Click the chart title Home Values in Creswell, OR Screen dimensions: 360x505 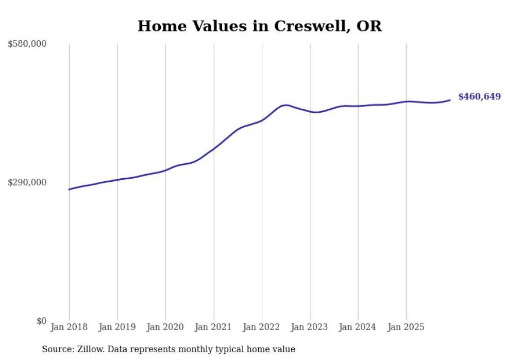click(260, 26)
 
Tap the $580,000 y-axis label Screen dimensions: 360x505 click(27, 44)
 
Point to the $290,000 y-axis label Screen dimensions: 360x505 click(27, 182)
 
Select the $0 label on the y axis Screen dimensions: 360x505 click(41, 321)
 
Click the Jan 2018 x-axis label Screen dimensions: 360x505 click(69, 327)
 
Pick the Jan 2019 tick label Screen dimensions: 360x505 click(117, 327)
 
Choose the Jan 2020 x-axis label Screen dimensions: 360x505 click(165, 327)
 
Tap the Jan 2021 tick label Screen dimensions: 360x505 click(213, 327)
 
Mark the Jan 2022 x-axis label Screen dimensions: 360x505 click(262, 327)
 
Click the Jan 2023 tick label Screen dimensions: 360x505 click(310, 327)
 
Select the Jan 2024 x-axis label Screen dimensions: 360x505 click(358, 327)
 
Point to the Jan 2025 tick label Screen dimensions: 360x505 click(406, 327)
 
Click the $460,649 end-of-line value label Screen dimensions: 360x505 click(479, 97)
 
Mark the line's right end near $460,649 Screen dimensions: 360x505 click(450, 100)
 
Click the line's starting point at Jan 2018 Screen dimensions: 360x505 click(69, 190)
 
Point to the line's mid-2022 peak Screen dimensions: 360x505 click(285, 105)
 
